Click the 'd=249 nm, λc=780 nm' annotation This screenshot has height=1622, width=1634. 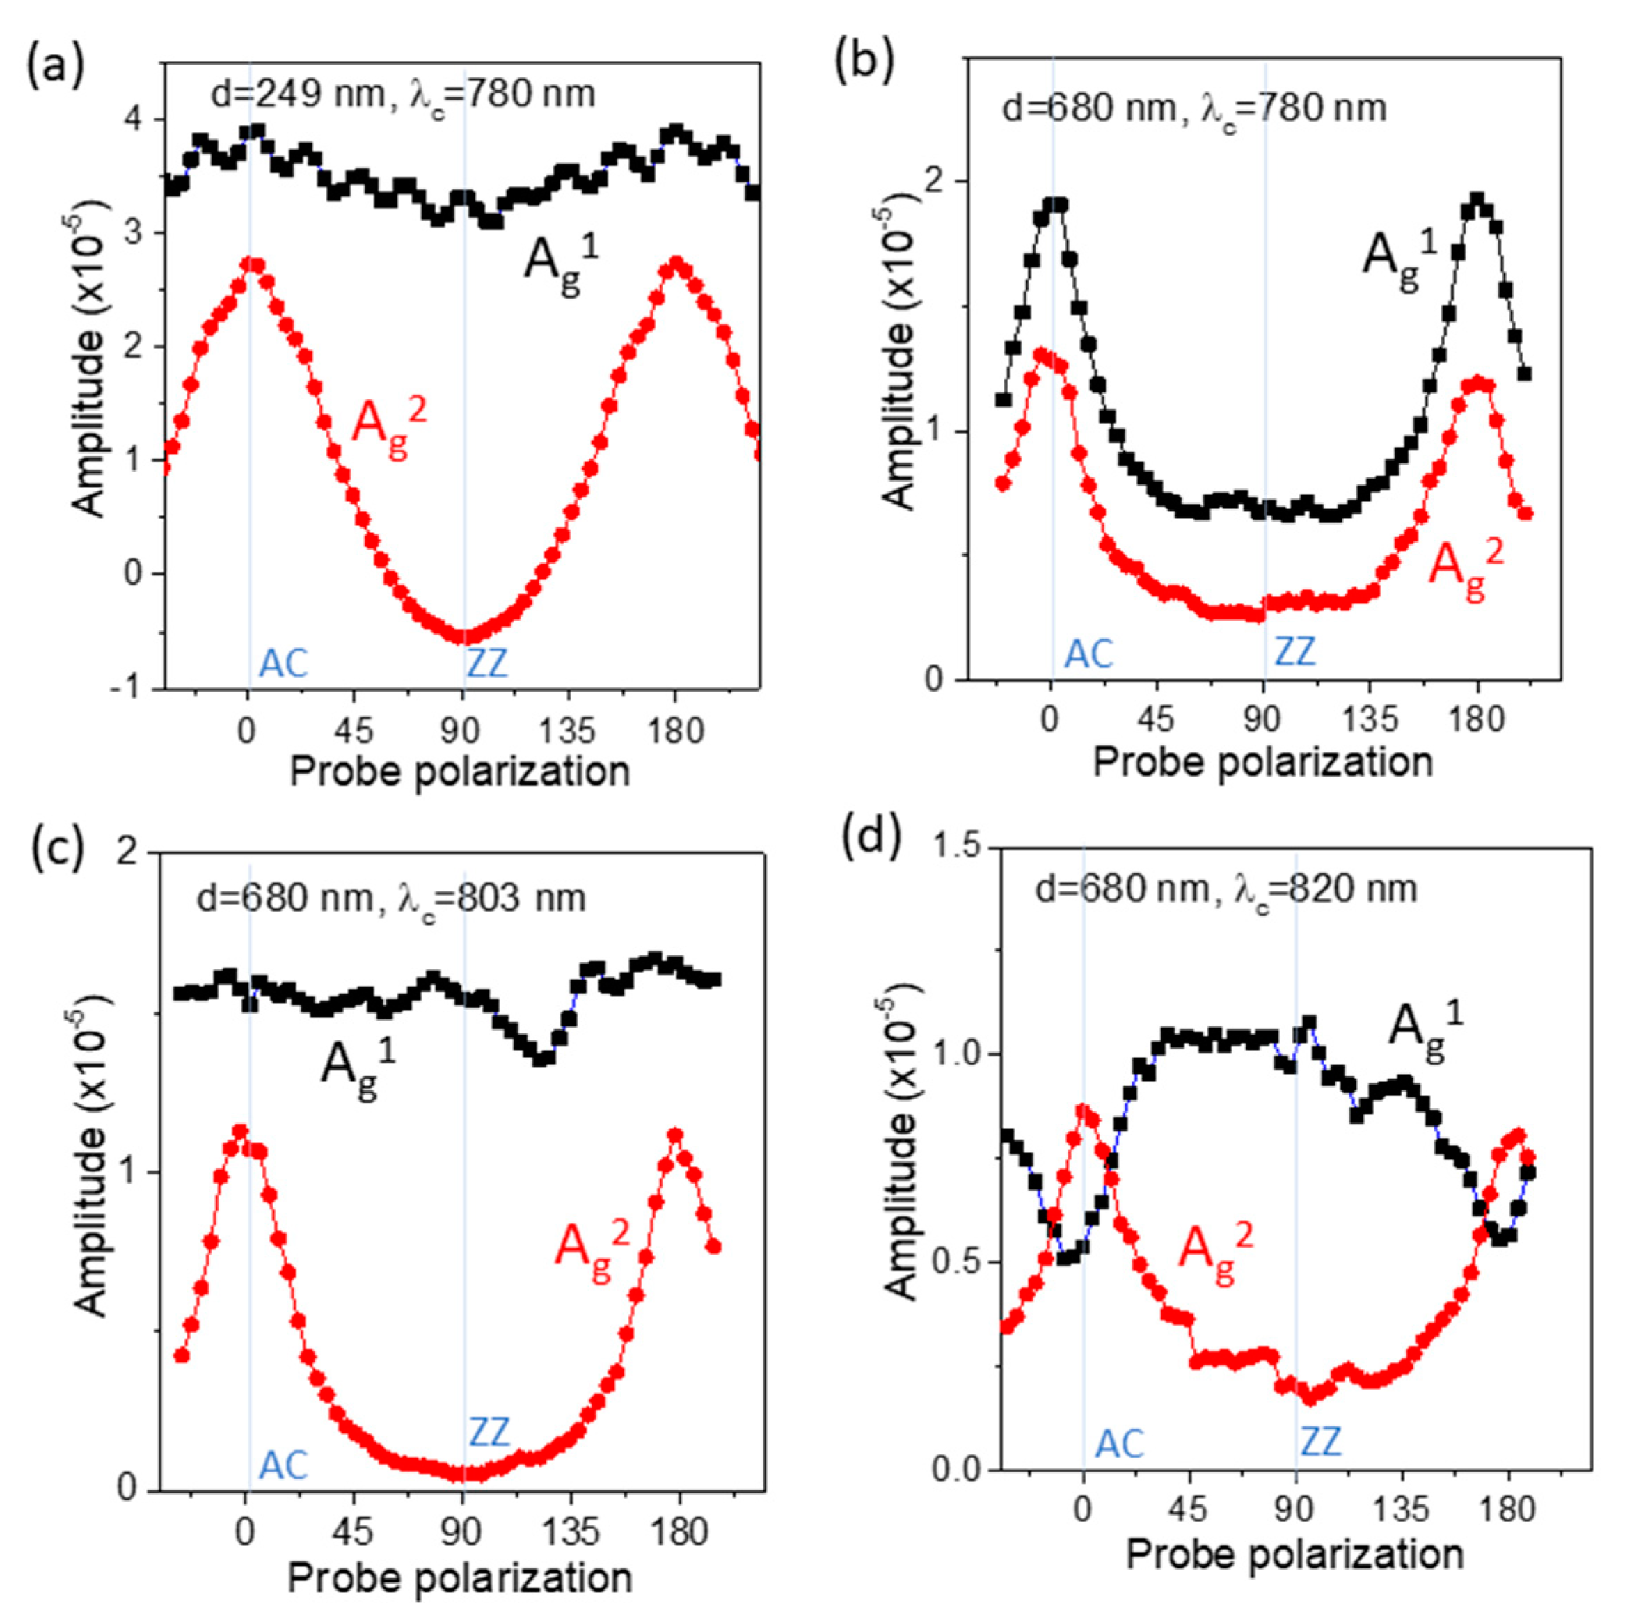(x=402, y=94)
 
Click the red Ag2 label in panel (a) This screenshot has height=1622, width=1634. (x=388, y=429)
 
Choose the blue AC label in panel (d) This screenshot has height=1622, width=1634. (x=1119, y=1445)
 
